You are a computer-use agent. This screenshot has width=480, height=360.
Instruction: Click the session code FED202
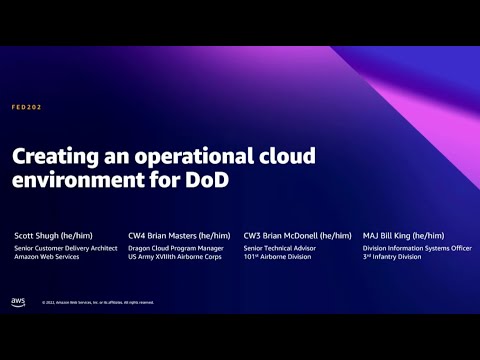(26, 107)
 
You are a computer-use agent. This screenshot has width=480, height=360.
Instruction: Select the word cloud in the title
(287, 157)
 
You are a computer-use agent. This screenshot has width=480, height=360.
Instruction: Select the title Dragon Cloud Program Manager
(174, 247)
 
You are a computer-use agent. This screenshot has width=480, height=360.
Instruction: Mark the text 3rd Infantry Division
(391, 257)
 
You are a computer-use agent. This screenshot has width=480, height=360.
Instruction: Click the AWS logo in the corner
(18, 301)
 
